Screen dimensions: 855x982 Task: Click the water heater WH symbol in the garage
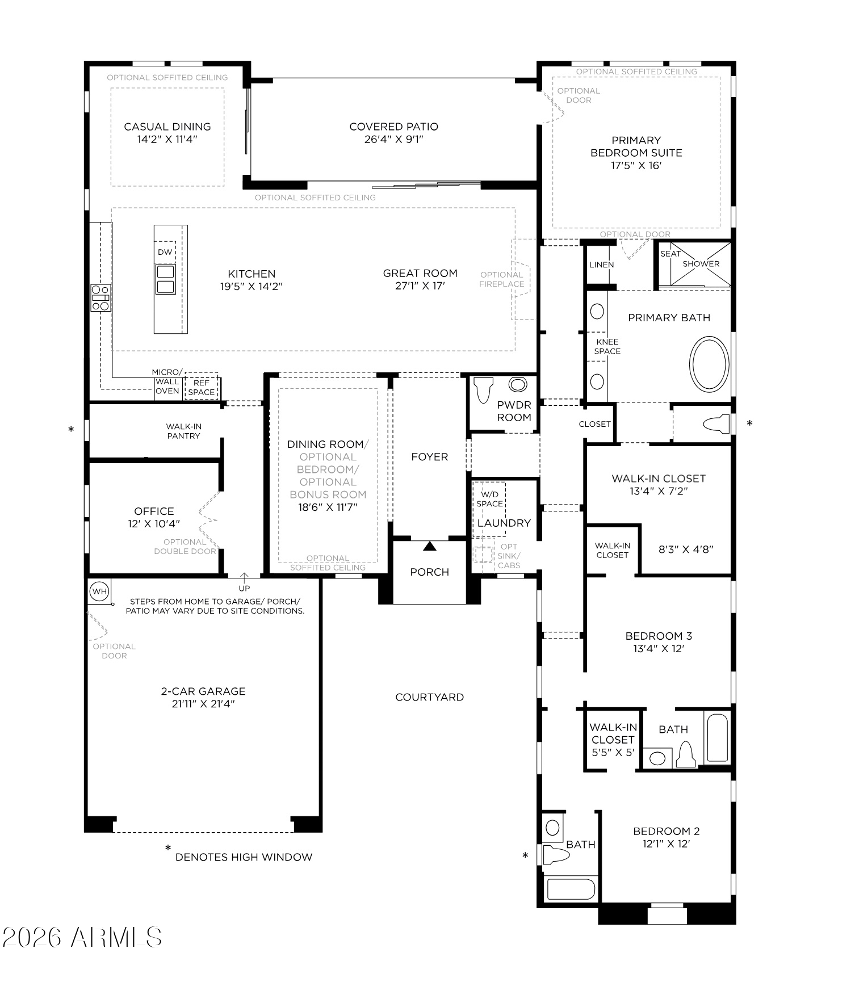(99, 591)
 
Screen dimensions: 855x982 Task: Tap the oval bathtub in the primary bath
(709, 364)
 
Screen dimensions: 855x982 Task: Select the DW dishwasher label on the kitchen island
(165, 252)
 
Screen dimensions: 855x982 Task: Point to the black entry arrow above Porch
(430, 546)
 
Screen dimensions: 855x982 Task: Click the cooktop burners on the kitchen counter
(100, 298)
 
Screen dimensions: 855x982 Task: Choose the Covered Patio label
(393, 127)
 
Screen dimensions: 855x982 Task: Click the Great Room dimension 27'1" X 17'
(420, 286)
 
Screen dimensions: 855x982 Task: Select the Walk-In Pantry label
(183, 431)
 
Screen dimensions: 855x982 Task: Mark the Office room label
(154, 511)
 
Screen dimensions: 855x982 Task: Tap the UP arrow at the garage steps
(244, 579)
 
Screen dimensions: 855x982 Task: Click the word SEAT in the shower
(670, 254)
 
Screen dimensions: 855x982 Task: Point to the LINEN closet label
(601, 265)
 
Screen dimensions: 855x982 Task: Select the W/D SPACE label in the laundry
(489, 499)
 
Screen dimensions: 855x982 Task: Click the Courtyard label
(429, 697)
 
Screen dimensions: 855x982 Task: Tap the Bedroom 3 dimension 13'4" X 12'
(659, 649)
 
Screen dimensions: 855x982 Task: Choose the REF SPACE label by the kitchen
(202, 388)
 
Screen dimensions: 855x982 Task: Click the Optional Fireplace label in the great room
(502, 279)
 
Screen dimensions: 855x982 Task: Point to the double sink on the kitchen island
(165, 279)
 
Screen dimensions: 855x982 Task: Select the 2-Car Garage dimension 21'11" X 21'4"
(203, 704)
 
